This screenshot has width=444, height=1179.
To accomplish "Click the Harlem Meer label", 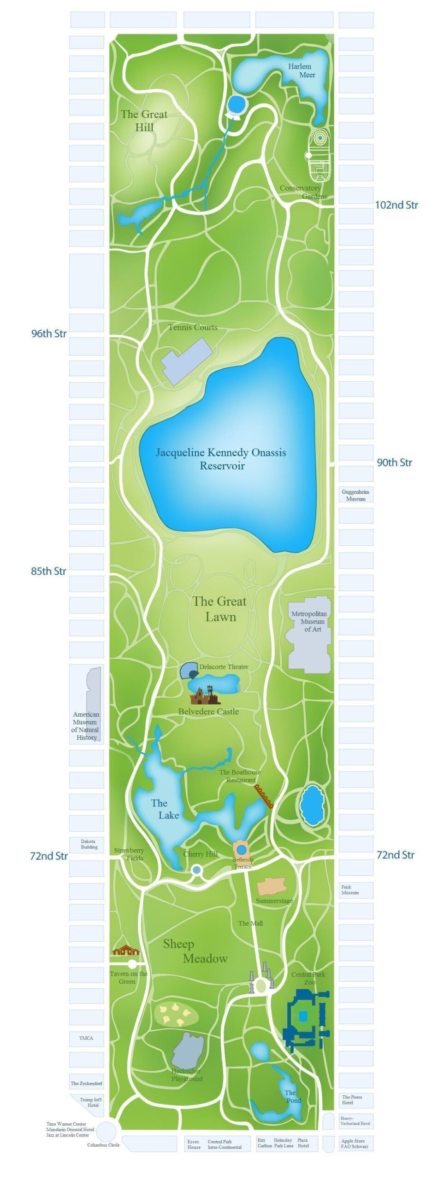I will (x=302, y=70).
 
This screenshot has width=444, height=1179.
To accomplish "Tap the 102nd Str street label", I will (x=396, y=205).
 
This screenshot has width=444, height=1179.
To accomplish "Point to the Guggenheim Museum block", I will (x=355, y=495).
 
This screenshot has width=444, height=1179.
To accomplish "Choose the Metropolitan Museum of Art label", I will (x=308, y=621).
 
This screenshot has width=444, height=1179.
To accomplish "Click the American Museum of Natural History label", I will (x=86, y=726).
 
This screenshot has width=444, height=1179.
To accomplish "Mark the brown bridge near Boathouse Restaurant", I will (x=264, y=796).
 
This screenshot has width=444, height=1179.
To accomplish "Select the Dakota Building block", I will (x=88, y=844).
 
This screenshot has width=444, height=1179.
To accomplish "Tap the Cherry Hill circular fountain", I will (x=196, y=870).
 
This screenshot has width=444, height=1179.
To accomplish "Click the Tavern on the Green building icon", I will (x=126, y=950).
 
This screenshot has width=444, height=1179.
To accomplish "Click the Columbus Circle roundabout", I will (x=107, y=1131).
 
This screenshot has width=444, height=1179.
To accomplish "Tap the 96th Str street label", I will (x=49, y=333).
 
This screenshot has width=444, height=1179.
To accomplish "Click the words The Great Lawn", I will (x=220, y=609).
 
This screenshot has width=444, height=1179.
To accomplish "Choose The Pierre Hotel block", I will (x=355, y=1100).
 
